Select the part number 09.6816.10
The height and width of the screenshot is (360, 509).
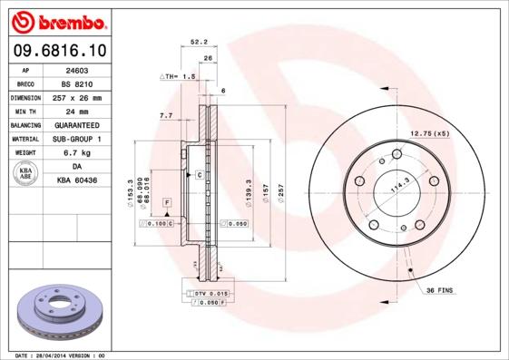click(x=58, y=51)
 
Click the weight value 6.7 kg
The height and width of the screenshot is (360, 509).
click(x=77, y=152)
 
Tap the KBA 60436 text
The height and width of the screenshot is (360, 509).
click(x=77, y=181)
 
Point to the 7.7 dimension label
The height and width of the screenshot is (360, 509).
click(x=166, y=116)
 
